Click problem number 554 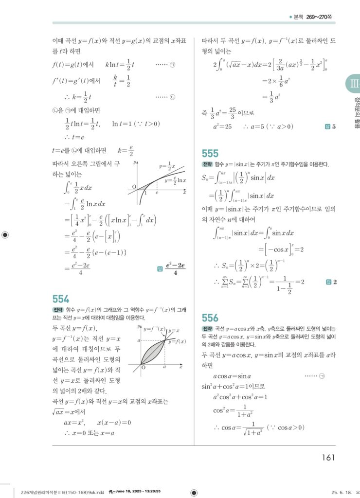pyautogui.click(x=61, y=299)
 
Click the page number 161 pyautogui.click(x=328, y=457)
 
